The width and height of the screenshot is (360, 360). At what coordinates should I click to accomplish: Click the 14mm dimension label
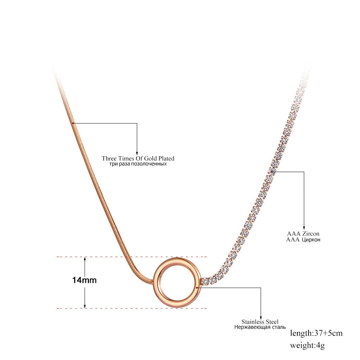point(85,280)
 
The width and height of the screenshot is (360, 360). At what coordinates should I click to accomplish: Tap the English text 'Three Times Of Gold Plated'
point(138,158)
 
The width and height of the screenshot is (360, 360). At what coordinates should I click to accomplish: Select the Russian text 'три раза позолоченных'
point(138,164)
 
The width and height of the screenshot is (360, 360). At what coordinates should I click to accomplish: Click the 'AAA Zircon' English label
point(303,234)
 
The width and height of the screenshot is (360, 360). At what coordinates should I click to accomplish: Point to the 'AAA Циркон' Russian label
point(303,240)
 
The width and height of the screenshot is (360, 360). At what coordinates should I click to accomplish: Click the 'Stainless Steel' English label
point(260,322)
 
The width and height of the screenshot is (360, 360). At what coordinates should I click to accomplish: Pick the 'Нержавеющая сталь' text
point(260,327)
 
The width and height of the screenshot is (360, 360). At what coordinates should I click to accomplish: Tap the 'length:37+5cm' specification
point(316,333)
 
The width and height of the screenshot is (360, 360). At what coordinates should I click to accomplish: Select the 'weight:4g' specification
point(307,345)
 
